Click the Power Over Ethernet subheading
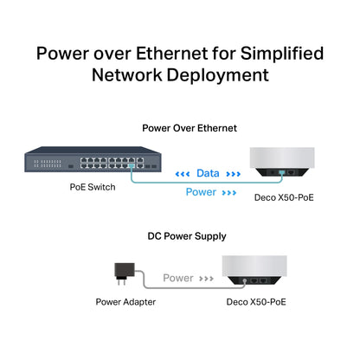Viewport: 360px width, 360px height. click(189, 127)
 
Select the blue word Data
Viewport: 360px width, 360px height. click(207, 173)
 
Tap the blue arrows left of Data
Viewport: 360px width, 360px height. click(183, 173)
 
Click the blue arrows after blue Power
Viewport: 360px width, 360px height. click(228, 192)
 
